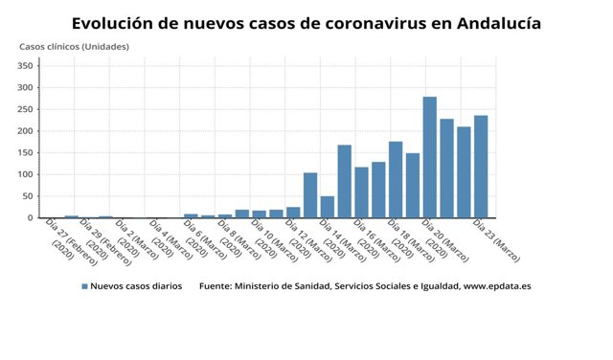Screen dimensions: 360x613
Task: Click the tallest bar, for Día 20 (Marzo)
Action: [430, 158]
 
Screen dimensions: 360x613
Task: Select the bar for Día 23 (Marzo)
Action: [481, 168]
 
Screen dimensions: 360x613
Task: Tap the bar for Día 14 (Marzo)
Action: [344, 182]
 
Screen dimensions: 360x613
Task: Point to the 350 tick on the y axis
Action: [26, 66]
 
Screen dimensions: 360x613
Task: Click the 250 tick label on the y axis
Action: [26, 109]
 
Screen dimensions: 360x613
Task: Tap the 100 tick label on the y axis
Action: [26, 174]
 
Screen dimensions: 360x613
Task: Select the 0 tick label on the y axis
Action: [31, 217]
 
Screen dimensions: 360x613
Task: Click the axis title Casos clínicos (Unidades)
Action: [74, 46]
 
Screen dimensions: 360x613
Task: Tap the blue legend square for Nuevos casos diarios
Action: [84, 286]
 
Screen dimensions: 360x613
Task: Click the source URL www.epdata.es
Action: [496, 286]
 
